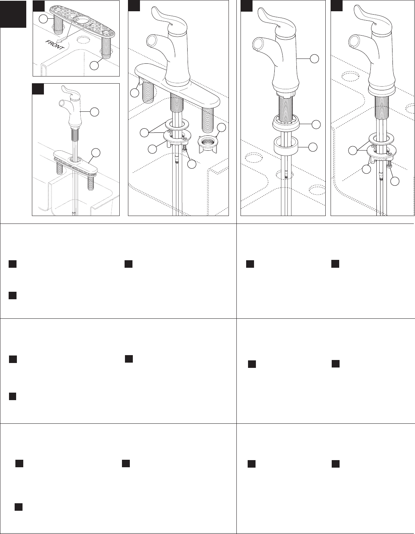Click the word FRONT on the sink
[54, 45]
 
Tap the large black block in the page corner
[13, 14]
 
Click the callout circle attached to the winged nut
[221, 127]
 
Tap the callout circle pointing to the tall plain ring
[313, 147]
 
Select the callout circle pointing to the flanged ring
[316, 124]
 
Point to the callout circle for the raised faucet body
[95, 112]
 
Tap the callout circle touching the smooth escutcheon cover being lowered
[96, 153]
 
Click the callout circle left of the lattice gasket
[43, 19]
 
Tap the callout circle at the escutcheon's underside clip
[134, 93]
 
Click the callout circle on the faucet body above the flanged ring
[314, 59]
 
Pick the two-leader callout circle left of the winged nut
[144, 133]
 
